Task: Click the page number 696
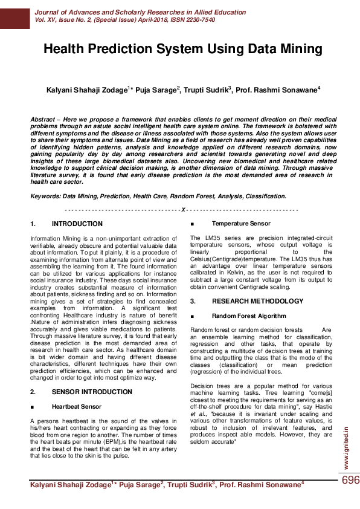[350, 480]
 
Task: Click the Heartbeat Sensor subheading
[76, 407]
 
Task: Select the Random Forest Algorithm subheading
[248, 316]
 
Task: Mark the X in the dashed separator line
[182, 209]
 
